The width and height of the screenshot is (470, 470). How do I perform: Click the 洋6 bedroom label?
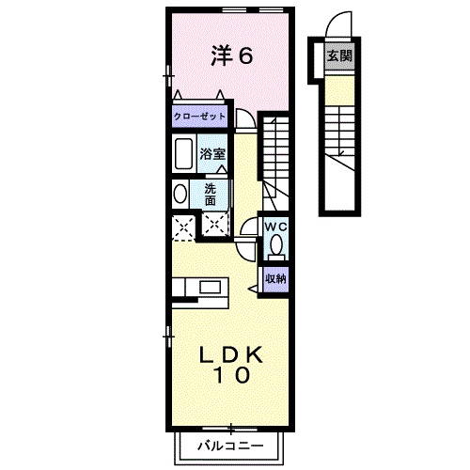231,56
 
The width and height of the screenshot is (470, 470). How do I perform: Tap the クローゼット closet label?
199,117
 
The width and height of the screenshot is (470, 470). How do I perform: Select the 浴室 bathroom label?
211,154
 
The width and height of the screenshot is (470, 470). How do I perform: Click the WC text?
275,228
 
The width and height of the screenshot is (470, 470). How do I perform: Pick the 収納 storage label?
275,278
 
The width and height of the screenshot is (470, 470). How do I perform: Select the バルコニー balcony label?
230,445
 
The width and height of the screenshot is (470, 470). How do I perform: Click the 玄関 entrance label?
339,56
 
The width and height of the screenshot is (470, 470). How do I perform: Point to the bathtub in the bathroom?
184,153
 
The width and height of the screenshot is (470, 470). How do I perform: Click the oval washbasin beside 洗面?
180,194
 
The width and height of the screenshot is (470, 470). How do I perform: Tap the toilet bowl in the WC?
275,246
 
